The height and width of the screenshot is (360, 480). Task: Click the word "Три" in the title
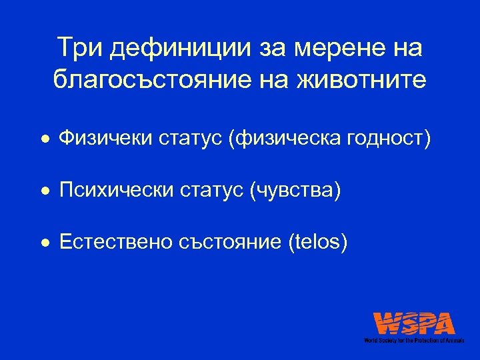[79, 48]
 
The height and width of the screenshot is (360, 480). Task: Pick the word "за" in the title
[267, 48]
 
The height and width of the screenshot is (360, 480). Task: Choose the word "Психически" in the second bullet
[116, 191]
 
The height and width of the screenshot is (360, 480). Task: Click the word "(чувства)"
[295, 191]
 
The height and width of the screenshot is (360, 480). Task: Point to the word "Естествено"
[117, 243]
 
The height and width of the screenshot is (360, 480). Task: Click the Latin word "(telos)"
[317, 243]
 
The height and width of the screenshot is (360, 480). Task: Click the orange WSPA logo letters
[414, 323]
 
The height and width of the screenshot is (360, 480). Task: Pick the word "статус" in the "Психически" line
[209, 191]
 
